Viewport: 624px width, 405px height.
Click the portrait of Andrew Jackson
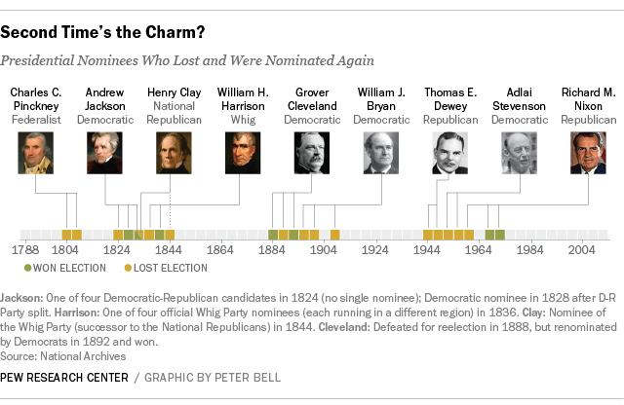(x=104, y=153)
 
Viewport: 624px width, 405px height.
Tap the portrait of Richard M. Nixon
(x=588, y=153)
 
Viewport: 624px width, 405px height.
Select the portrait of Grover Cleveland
(x=312, y=153)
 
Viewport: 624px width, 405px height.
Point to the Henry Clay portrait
(x=174, y=153)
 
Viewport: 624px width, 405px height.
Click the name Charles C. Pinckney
(x=36, y=98)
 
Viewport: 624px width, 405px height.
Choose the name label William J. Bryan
(x=381, y=98)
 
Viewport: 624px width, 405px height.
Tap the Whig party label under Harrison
(x=243, y=119)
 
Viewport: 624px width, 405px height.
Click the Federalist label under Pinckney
(x=36, y=119)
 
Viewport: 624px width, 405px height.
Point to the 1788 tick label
(x=24, y=250)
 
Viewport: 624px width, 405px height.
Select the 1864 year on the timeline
(x=220, y=250)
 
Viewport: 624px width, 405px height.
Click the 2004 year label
(x=583, y=250)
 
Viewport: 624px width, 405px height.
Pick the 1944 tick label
(x=426, y=250)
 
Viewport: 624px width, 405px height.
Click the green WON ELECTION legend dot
(x=27, y=268)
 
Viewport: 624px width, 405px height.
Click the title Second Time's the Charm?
(x=102, y=32)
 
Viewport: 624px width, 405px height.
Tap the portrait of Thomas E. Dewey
(x=449, y=153)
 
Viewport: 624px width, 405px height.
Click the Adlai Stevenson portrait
(x=519, y=153)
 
